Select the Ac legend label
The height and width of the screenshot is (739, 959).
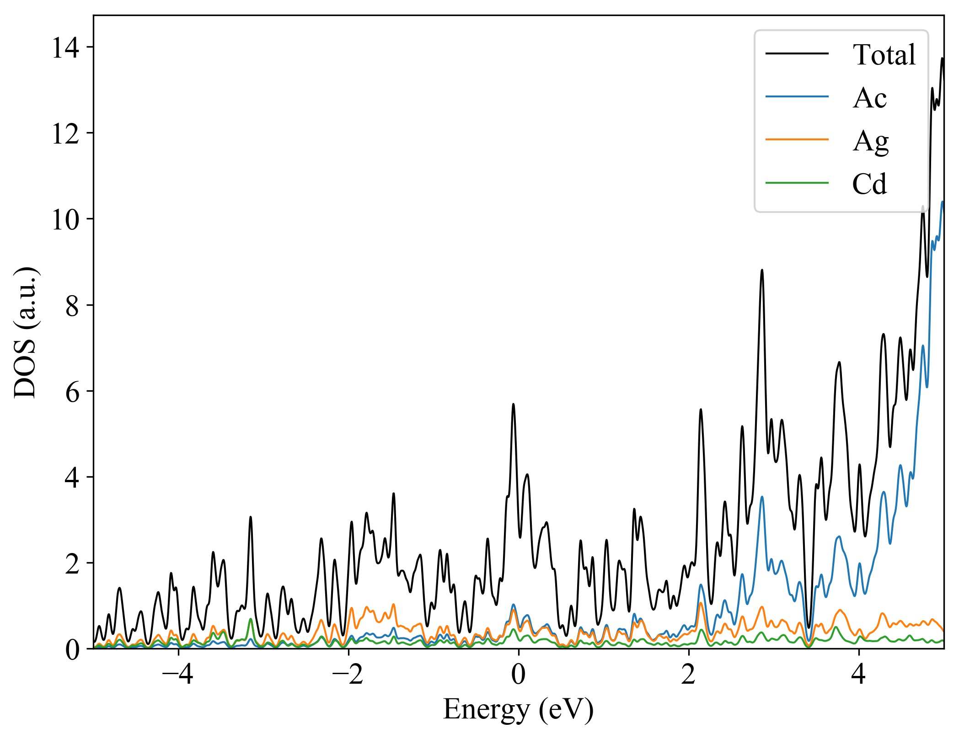click(x=869, y=98)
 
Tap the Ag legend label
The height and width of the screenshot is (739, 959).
click(x=870, y=141)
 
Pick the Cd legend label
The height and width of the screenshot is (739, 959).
click(x=869, y=184)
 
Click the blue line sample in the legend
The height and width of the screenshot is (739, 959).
click(x=797, y=97)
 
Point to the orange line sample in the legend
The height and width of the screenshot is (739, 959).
click(x=797, y=139)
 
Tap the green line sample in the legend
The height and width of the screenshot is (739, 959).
click(x=797, y=183)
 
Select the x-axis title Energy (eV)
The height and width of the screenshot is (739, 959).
click(x=518, y=710)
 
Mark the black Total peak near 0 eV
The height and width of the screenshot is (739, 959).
click(x=513, y=404)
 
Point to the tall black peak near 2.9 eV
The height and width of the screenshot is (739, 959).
click(x=762, y=271)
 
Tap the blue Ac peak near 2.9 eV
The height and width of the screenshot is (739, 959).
click(x=762, y=497)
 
